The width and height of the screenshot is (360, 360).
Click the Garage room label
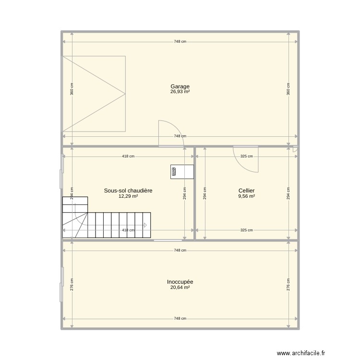(x=180, y=87)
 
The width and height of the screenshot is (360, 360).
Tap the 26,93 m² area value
(x=180, y=92)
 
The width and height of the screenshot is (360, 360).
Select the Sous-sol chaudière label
(x=128, y=191)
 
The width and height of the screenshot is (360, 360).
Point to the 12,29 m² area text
(x=128, y=196)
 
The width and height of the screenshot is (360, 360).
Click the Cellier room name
(x=246, y=191)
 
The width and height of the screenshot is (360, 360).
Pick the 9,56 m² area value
(x=246, y=196)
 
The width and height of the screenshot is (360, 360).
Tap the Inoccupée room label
(x=180, y=282)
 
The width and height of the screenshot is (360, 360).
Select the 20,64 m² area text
(x=180, y=287)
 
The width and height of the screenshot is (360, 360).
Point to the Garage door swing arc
(x=169, y=132)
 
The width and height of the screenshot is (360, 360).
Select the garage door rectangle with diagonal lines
(x=94, y=94)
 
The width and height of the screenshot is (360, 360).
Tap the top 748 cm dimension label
(x=180, y=42)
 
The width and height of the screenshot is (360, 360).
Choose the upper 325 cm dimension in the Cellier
(x=246, y=156)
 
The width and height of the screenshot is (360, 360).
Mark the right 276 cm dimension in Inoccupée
(x=288, y=284)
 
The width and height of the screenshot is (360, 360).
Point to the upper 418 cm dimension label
(x=128, y=156)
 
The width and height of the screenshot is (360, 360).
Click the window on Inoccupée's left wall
(x=62, y=284)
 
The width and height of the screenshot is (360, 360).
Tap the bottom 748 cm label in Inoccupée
(x=180, y=318)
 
